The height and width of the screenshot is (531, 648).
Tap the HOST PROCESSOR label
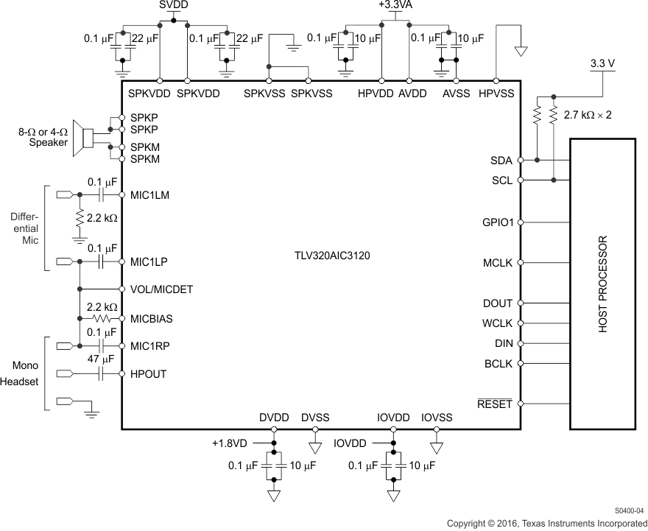(x=603, y=284)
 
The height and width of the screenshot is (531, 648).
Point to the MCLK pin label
(x=497, y=263)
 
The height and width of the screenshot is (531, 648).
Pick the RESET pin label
(x=495, y=404)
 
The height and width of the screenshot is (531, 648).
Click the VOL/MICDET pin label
(x=161, y=289)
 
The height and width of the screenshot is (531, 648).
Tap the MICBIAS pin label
(x=152, y=319)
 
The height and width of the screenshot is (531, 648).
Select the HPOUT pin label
(x=148, y=374)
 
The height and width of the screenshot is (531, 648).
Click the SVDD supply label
(x=173, y=5)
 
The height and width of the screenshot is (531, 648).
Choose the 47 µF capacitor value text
(x=102, y=359)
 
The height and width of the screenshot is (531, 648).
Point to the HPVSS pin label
(x=496, y=94)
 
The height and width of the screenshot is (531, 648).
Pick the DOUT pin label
(x=498, y=303)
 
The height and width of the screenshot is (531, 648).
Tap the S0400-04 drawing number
(x=629, y=510)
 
